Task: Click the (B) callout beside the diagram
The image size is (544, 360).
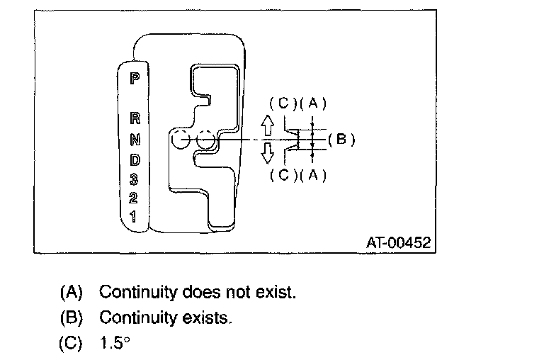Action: click(341, 139)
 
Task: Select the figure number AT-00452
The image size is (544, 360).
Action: click(397, 242)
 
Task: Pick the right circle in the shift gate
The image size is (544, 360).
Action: click(205, 140)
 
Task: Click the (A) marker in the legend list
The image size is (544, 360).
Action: click(72, 292)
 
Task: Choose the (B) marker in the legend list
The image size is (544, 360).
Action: click(72, 317)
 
